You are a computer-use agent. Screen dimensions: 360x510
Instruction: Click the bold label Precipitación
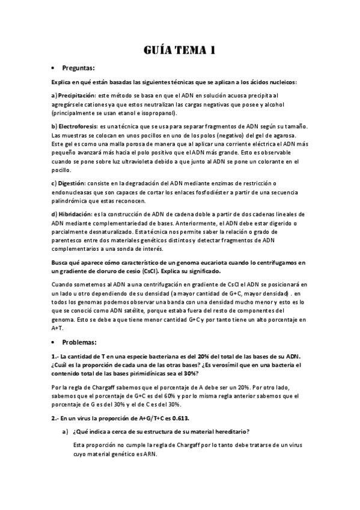(76, 96)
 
